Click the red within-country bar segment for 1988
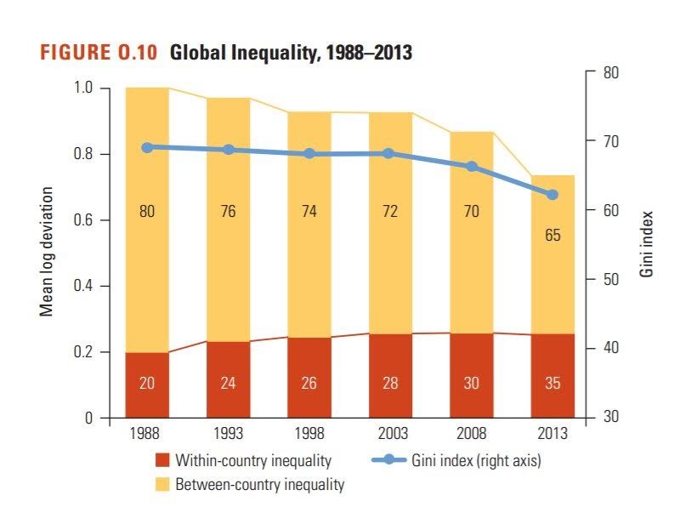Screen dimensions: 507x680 tap(147, 385)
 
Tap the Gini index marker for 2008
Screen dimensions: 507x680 tap(472, 167)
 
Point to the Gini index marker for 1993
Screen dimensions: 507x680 tap(228, 150)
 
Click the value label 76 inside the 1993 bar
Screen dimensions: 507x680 tap(228, 211)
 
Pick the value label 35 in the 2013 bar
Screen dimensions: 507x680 tap(552, 384)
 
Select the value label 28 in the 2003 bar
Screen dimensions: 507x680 tap(390, 384)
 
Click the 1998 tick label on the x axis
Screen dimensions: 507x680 tap(309, 433)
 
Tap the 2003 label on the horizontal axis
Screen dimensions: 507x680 tap(390, 433)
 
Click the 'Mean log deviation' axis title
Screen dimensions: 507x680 tap(48, 252)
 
